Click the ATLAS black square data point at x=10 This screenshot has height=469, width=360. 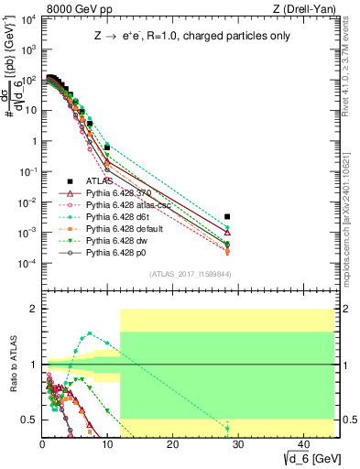[107, 147]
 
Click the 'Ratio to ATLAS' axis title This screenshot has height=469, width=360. [12, 365]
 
